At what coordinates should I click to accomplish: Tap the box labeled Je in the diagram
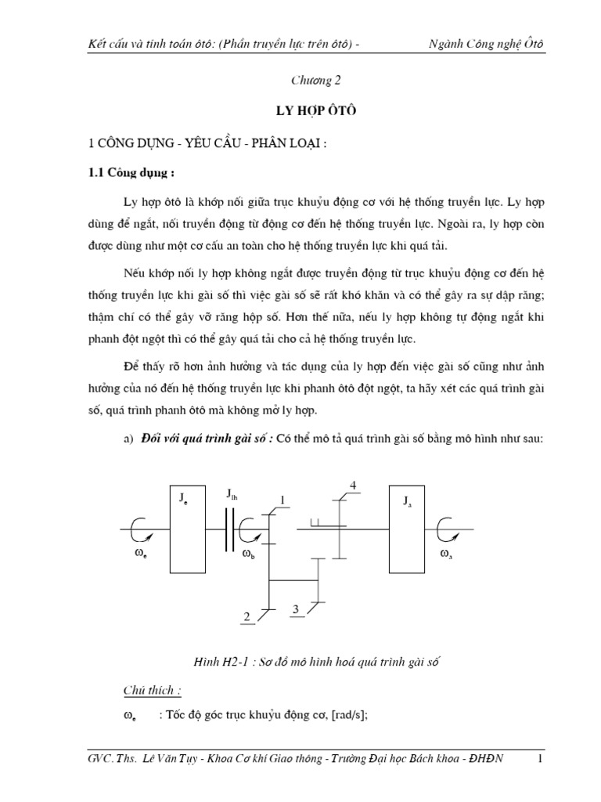(x=188, y=529)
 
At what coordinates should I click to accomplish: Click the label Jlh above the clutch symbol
(x=233, y=493)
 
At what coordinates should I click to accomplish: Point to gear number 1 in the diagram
(x=283, y=500)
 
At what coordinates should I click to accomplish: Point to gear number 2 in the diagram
(x=247, y=617)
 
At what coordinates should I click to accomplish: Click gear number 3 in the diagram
(x=296, y=609)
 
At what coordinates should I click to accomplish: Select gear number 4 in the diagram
(x=353, y=486)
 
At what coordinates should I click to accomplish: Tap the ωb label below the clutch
(x=248, y=555)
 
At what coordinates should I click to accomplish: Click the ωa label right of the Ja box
(x=445, y=555)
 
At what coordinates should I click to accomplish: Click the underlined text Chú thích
(x=152, y=691)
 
